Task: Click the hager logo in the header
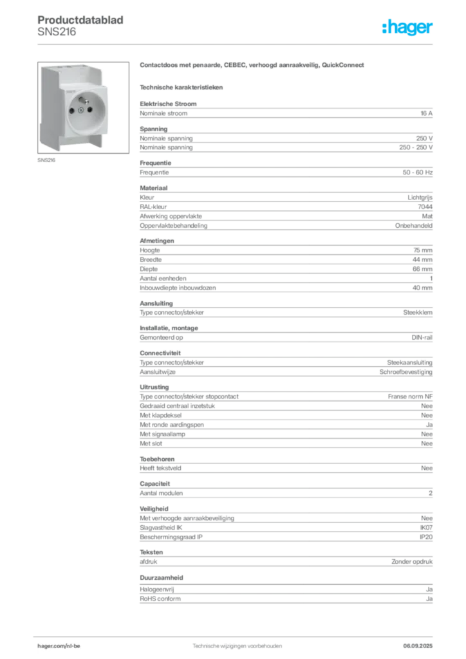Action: tap(407, 27)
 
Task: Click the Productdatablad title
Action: tap(80, 20)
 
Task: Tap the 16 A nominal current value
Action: tap(427, 113)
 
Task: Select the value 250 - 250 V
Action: tap(416, 147)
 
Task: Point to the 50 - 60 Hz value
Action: tap(417, 172)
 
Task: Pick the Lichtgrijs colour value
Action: tap(420, 198)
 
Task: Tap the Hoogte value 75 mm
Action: tap(423, 250)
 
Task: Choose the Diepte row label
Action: tap(149, 269)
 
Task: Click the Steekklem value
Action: tap(418, 313)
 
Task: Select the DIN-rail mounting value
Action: tap(422, 337)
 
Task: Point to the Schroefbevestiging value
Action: tap(406, 372)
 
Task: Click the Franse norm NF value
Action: tap(410, 396)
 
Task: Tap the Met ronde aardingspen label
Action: tap(172, 425)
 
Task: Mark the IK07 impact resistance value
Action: tap(426, 528)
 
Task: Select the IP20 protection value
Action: tap(426, 537)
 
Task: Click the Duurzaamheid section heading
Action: tap(162, 578)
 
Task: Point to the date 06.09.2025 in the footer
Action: tap(418, 646)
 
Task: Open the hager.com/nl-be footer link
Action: tap(59, 646)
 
